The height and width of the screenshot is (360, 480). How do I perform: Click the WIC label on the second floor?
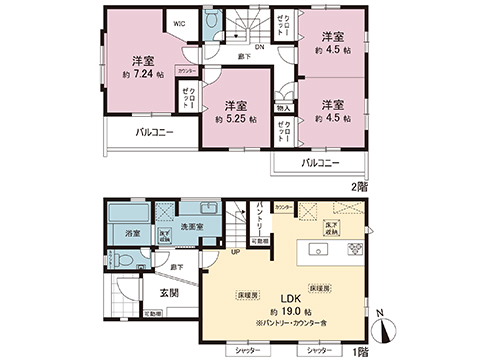click(180, 21)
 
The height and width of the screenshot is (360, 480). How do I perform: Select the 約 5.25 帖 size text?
click(236, 118)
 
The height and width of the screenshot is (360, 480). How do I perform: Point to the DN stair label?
click(258, 47)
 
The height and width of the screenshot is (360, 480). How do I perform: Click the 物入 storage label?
click(284, 107)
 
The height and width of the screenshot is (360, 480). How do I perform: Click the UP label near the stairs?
click(235, 253)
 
